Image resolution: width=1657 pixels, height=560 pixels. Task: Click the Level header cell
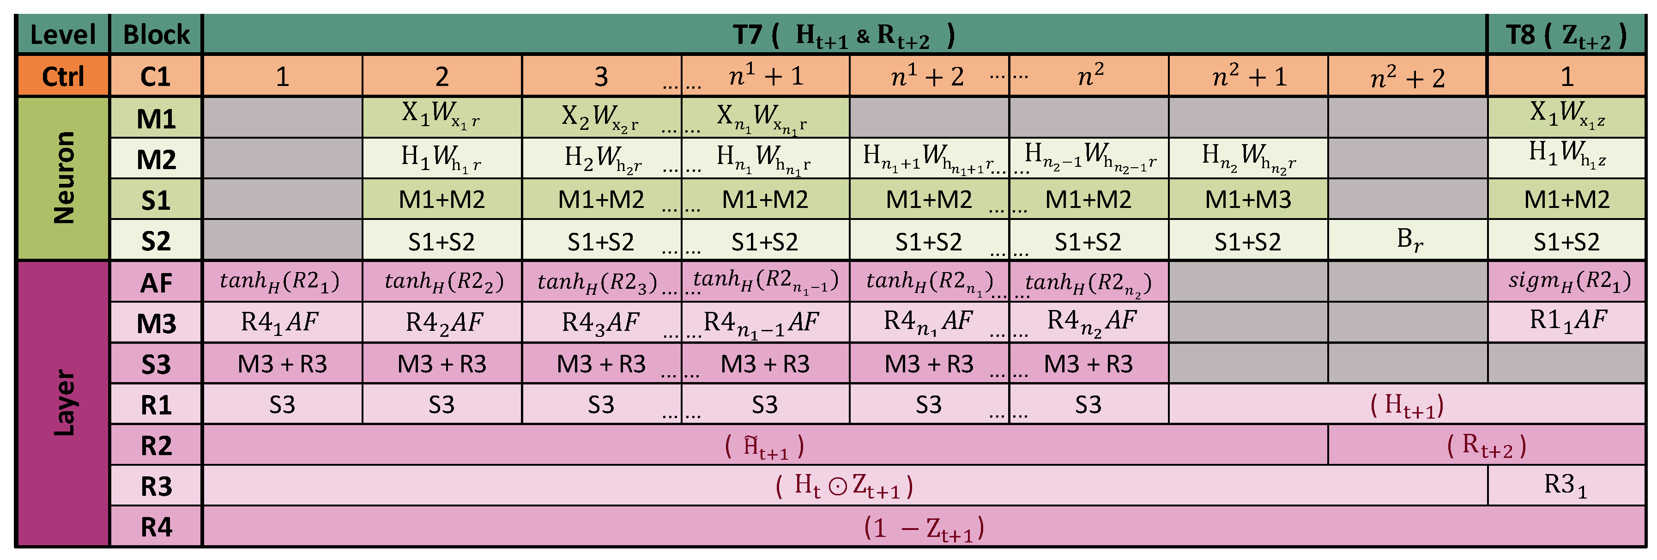(x=62, y=34)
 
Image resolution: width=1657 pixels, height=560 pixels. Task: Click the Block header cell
(x=156, y=34)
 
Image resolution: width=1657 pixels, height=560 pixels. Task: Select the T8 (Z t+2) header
(x=1567, y=34)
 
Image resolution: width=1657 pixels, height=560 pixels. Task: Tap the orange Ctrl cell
(x=62, y=76)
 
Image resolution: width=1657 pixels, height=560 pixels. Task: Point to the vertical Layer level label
(x=62, y=403)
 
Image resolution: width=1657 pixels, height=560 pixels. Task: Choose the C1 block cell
(x=156, y=76)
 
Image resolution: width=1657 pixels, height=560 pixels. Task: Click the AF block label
(x=156, y=282)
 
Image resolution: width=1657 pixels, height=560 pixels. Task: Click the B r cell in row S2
(x=1408, y=240)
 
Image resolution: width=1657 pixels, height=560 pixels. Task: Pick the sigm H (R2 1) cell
(x=1567, y=282)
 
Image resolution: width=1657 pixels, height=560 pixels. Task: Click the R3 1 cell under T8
(x=1567, y=485)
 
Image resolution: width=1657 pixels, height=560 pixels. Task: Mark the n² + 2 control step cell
(x=1408, y=76)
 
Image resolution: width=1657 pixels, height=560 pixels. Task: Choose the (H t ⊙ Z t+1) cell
(x=845, y=485)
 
